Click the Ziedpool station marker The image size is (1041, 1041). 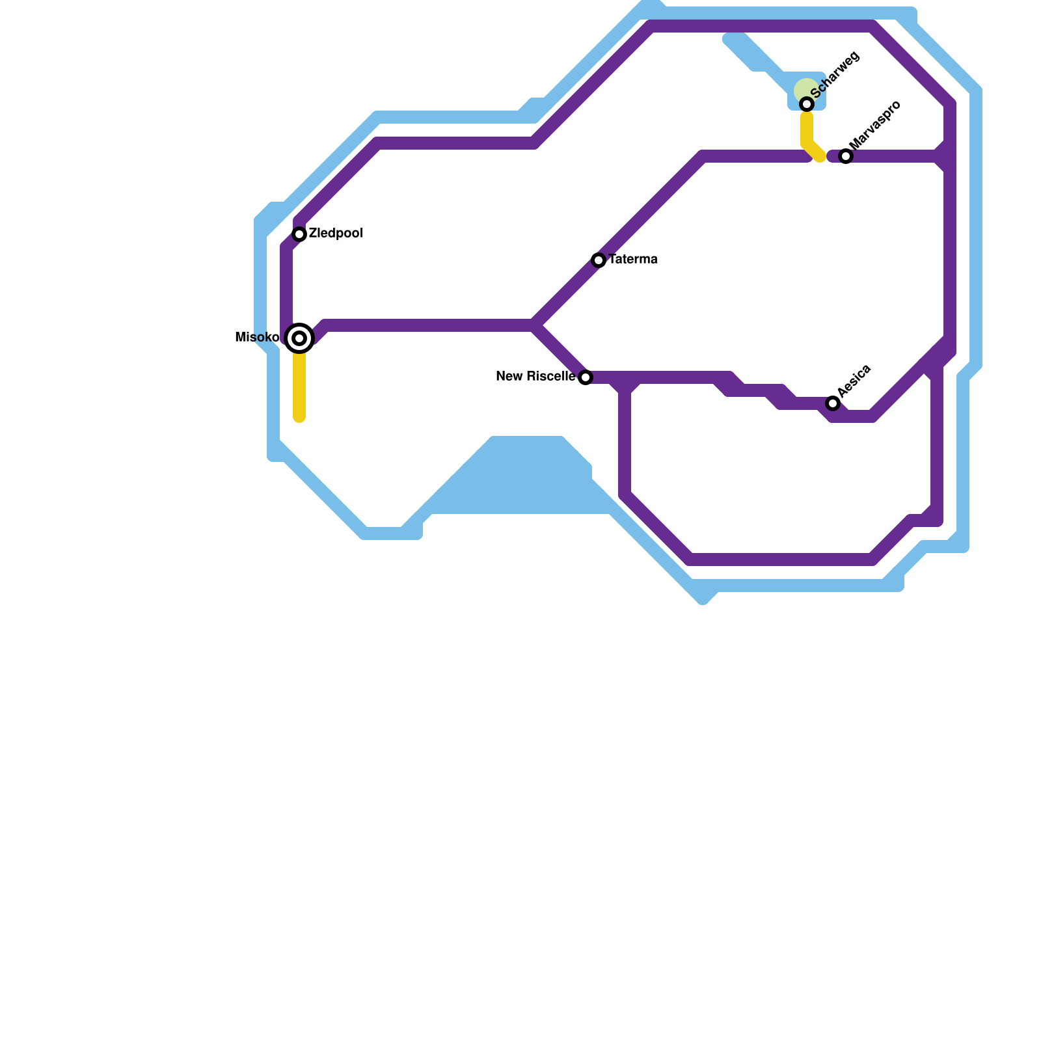point(299,234)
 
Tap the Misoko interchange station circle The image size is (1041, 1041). point(299,338)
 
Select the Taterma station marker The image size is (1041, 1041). point(599,260)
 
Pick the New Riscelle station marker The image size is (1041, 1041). point(586,377)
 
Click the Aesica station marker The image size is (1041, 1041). point(833,403)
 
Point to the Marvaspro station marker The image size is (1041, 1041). point(846,156)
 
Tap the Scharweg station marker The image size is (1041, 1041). point(807,104)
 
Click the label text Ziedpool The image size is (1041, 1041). point(336,234)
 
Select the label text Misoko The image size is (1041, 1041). point(257,338)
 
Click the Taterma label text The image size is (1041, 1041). point(633,260)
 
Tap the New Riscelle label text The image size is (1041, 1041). point(535,377)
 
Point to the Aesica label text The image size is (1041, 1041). point(854,381)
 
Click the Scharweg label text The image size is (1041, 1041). point(835,75)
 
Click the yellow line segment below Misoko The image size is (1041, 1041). point(299,387)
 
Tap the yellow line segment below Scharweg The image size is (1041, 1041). point(807,133)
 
